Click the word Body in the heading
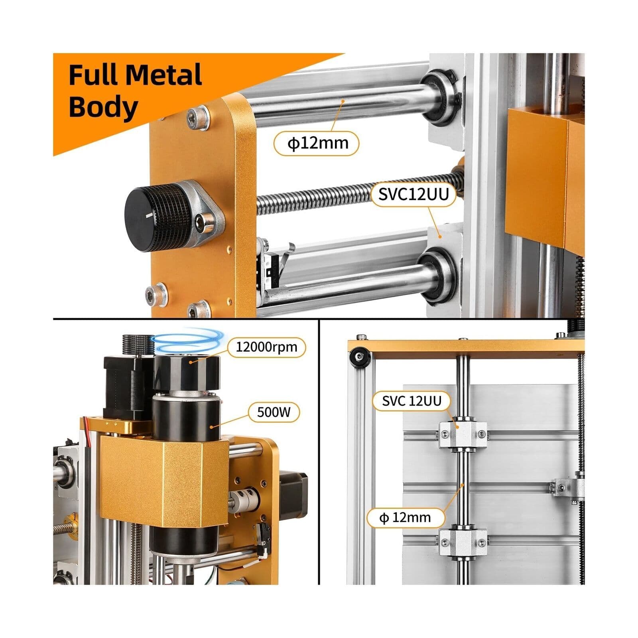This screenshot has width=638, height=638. click(103, 107)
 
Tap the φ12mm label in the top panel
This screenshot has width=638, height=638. click(317, 143)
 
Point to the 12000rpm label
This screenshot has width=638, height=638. click(266, 347)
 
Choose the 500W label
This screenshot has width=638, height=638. click(274, 412)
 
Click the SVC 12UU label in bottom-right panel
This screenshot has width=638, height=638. click(412, 401)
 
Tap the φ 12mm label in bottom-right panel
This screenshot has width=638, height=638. click(405, 518)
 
